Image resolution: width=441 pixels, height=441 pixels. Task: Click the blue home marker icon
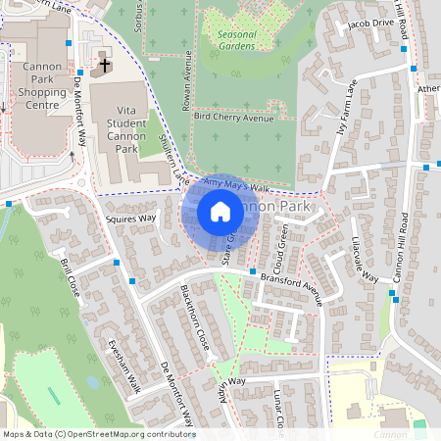click(x=220, y=212)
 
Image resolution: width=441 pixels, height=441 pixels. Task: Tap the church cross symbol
click(x=105, y=66)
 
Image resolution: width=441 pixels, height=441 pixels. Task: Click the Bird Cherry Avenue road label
click(x=232, y=117)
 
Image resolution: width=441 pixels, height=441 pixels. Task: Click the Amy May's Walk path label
click(x=235, y=185)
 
